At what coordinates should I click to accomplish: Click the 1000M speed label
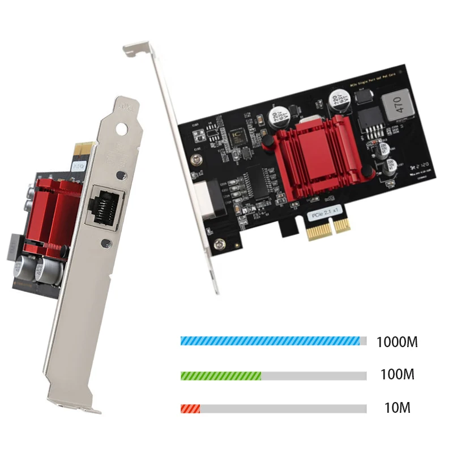(x=396, y=342)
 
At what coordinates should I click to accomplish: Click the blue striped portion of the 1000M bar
(x=270, y=341)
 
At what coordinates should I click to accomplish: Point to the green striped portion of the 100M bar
(x=220, y=375)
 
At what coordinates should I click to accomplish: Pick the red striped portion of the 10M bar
(x=190, y=408)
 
